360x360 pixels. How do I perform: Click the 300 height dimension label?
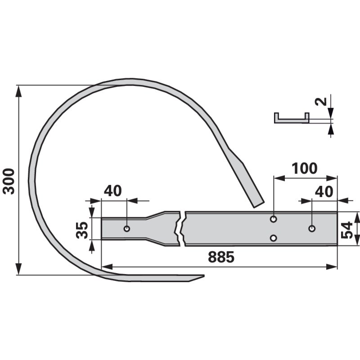click(x=9, y=181)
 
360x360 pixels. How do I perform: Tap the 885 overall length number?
click(x=221, y=257)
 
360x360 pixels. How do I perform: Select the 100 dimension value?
click(x=305, y=168)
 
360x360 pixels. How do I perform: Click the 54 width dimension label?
click(x=346, y=230)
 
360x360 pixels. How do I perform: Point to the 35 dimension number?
click(x=82, y=230)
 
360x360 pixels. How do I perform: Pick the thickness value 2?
click(x=321, y=101)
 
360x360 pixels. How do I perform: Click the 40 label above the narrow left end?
click(x=113, y=190)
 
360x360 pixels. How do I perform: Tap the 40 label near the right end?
click(x=324, y=192)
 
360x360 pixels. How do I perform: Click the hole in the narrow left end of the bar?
click(x=127, y=229)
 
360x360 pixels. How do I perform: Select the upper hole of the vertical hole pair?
click(x=273, y=219)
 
